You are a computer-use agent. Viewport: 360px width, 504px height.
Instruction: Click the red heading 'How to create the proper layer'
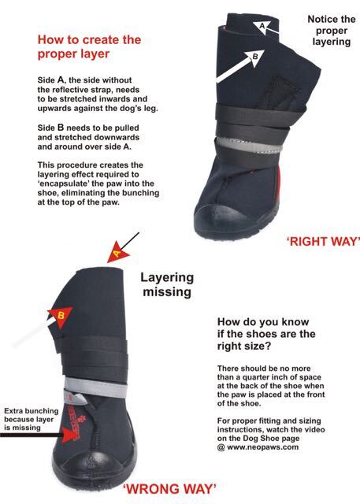pyautogui.click(x=89, y=47)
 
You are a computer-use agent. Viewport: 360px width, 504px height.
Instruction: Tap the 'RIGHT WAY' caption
pyautogui.click(x=323, y=241)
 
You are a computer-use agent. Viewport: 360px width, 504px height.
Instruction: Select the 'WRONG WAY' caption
pyautogui.click(x=169, y=489)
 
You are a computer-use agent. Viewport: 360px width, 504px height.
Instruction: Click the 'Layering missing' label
pyautogui.click(x=167, y=284)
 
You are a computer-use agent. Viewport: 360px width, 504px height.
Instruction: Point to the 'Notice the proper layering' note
pyautogui.click(x=332, y=31)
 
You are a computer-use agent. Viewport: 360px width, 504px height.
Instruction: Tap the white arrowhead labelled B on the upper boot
pyautogui.click(x=254, y=57)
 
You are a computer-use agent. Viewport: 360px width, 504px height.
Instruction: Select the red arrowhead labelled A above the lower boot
pyautogui.click(x=117, y=254)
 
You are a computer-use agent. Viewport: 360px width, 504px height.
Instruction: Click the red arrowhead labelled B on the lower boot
pyautogui.click(x=61, y=317)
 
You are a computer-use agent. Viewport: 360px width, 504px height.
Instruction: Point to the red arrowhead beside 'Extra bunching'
pyautogui.click(x=71, y=435)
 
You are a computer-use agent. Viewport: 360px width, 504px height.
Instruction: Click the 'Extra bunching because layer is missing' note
pyautogui.click(x=32, y=419)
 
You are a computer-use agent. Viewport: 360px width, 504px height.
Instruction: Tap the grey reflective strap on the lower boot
pyautogui.click(x=95, y=388)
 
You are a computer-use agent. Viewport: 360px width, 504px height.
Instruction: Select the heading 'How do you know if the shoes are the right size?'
pyautogui.click(x=266, y=334)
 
